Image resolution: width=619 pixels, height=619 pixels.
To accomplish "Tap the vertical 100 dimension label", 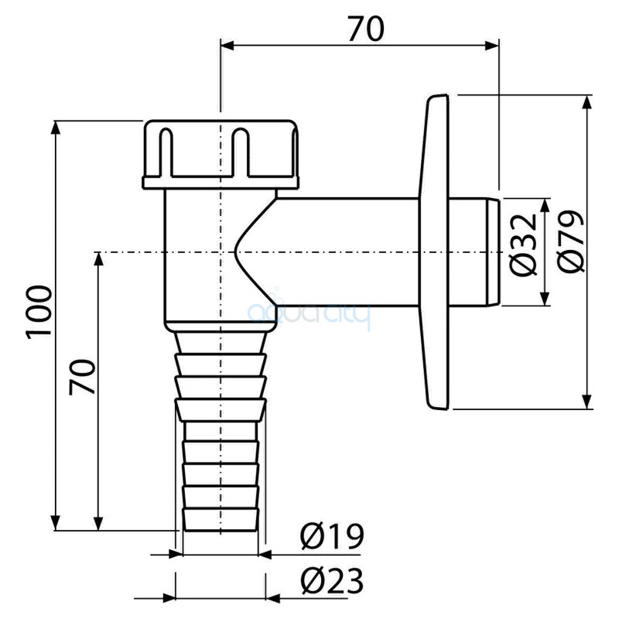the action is [x=39, y=312].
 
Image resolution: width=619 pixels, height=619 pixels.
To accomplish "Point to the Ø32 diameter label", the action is [x=524, y=245].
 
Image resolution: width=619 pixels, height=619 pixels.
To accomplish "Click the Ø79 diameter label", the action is [x=570, y=241].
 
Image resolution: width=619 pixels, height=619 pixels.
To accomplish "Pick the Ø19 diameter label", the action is [x=332, y=536].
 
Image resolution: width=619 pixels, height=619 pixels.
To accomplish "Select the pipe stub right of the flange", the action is [x=474, y=252].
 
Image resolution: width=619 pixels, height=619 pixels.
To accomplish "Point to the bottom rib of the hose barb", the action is [x=221, y=519].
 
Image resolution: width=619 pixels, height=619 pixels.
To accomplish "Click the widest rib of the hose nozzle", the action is [x=221, y=410].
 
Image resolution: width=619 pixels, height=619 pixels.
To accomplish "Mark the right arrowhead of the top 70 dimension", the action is [x=492, y=46].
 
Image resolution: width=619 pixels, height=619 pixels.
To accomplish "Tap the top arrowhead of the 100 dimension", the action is [x=56, y=127].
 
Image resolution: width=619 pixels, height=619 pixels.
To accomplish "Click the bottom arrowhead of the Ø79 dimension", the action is [x=587, y=401].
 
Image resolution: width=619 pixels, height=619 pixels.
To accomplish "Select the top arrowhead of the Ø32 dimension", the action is [x=545, y=206].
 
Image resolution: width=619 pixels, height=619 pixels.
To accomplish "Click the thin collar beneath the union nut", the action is [x=221, y=183].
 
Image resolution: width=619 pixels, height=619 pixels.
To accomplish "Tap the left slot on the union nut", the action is [x=166, y=152].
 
